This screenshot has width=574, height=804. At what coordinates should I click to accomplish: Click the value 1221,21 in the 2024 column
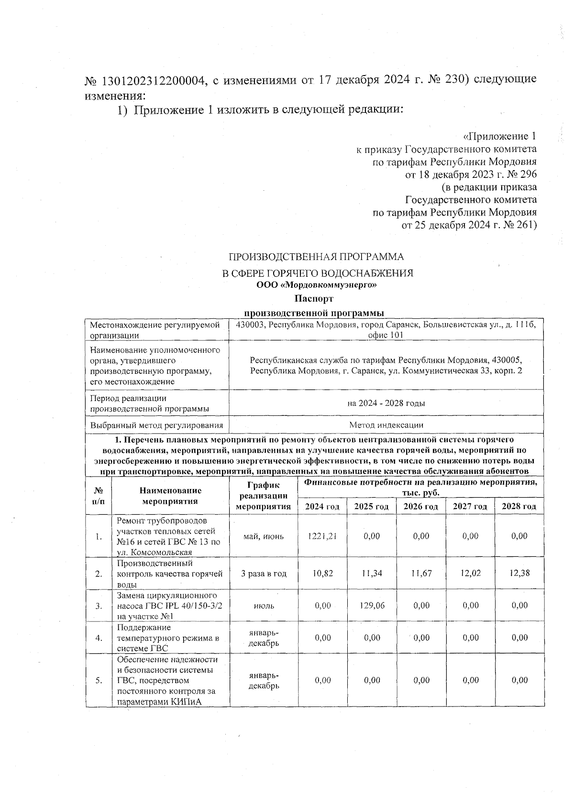point(322,536)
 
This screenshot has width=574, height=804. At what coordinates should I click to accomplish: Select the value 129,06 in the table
point(372,605)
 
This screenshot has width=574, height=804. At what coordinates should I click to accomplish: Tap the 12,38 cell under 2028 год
point(519,573)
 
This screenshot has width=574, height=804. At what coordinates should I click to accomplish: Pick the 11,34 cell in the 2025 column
point(372,573)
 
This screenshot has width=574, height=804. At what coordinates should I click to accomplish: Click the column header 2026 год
point(421,506)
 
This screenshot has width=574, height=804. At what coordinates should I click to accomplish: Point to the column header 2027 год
point(470,506)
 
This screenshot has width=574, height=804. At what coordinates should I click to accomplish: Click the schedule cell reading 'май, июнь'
point(264,536)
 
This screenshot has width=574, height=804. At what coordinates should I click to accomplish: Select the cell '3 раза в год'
point(264,573)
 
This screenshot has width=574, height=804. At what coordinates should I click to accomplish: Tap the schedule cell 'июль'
point(264,605)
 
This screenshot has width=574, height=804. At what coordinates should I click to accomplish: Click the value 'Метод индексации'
point(386,424)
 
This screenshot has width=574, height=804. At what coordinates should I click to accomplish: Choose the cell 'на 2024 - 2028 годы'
point(386,403)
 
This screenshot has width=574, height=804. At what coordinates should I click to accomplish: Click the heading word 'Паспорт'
point(314,299)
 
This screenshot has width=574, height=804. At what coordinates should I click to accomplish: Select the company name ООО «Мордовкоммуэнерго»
point(314,286)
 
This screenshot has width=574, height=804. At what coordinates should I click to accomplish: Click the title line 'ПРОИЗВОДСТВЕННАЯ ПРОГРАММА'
point(316,257)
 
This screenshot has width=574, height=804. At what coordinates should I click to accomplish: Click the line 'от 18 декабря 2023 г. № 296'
point(471,174)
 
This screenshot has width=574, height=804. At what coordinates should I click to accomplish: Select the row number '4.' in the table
point(99,637)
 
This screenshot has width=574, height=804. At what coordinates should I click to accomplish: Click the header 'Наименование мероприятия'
point(170,496)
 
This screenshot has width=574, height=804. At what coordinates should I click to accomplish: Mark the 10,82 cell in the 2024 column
point(322,573)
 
